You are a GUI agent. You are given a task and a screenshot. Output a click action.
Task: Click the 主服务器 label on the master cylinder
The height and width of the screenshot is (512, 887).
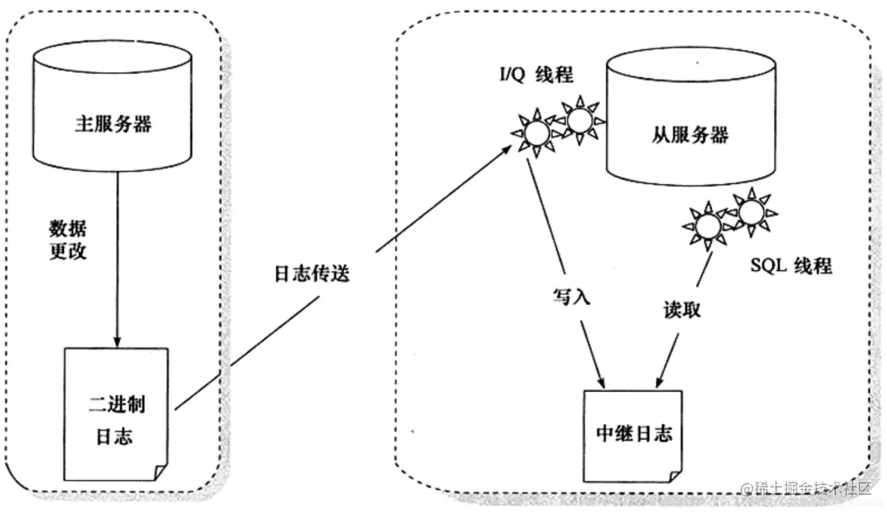tap(113, 125)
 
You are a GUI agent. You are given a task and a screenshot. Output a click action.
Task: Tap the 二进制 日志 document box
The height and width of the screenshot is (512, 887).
tap(116, 416)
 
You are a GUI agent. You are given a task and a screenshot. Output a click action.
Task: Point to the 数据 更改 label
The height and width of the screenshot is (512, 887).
tap(68, 238)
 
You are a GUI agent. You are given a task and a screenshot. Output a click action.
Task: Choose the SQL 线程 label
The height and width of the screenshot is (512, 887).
tap(790, 265)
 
